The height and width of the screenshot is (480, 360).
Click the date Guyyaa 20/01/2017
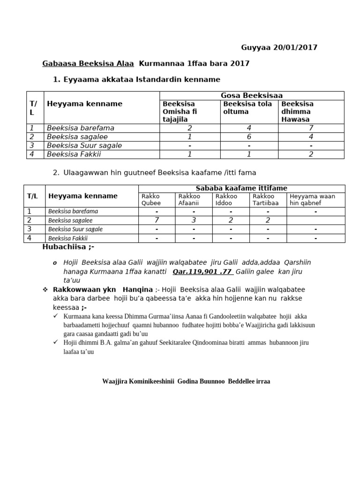pyautogui.click(x=279, y=47)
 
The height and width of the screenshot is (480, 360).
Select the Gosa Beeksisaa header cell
pyautogui.click(x=252, y=96)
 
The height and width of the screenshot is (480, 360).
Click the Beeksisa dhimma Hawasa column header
pyautogui.click(x=298, y=112)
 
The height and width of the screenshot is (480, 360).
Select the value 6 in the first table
pyautogui.click(x=249, y=137)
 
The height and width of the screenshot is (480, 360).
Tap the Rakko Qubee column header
pyautogui.click(x=151, y=200)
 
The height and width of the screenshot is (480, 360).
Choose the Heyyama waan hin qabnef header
pyautogui.click(x=312, y=200)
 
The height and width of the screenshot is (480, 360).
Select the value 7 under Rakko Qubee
pyautogui.click(x=157, y=220)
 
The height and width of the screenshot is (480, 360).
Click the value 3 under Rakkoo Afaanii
pyautogui.click(x=194, y=220)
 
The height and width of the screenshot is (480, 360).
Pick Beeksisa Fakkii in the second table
pyautogui.click(x=68, y=238)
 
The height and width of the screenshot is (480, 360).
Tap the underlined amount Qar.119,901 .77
pyautogui.click(x=202, y=271)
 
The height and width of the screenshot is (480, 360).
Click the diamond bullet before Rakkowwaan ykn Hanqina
pyautogui.click(x=45, y=290)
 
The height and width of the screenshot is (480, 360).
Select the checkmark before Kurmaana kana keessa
pyautogui.click(x=56, y=316)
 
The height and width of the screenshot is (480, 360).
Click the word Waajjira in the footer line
pyautogui.click(x=115, y=382)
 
